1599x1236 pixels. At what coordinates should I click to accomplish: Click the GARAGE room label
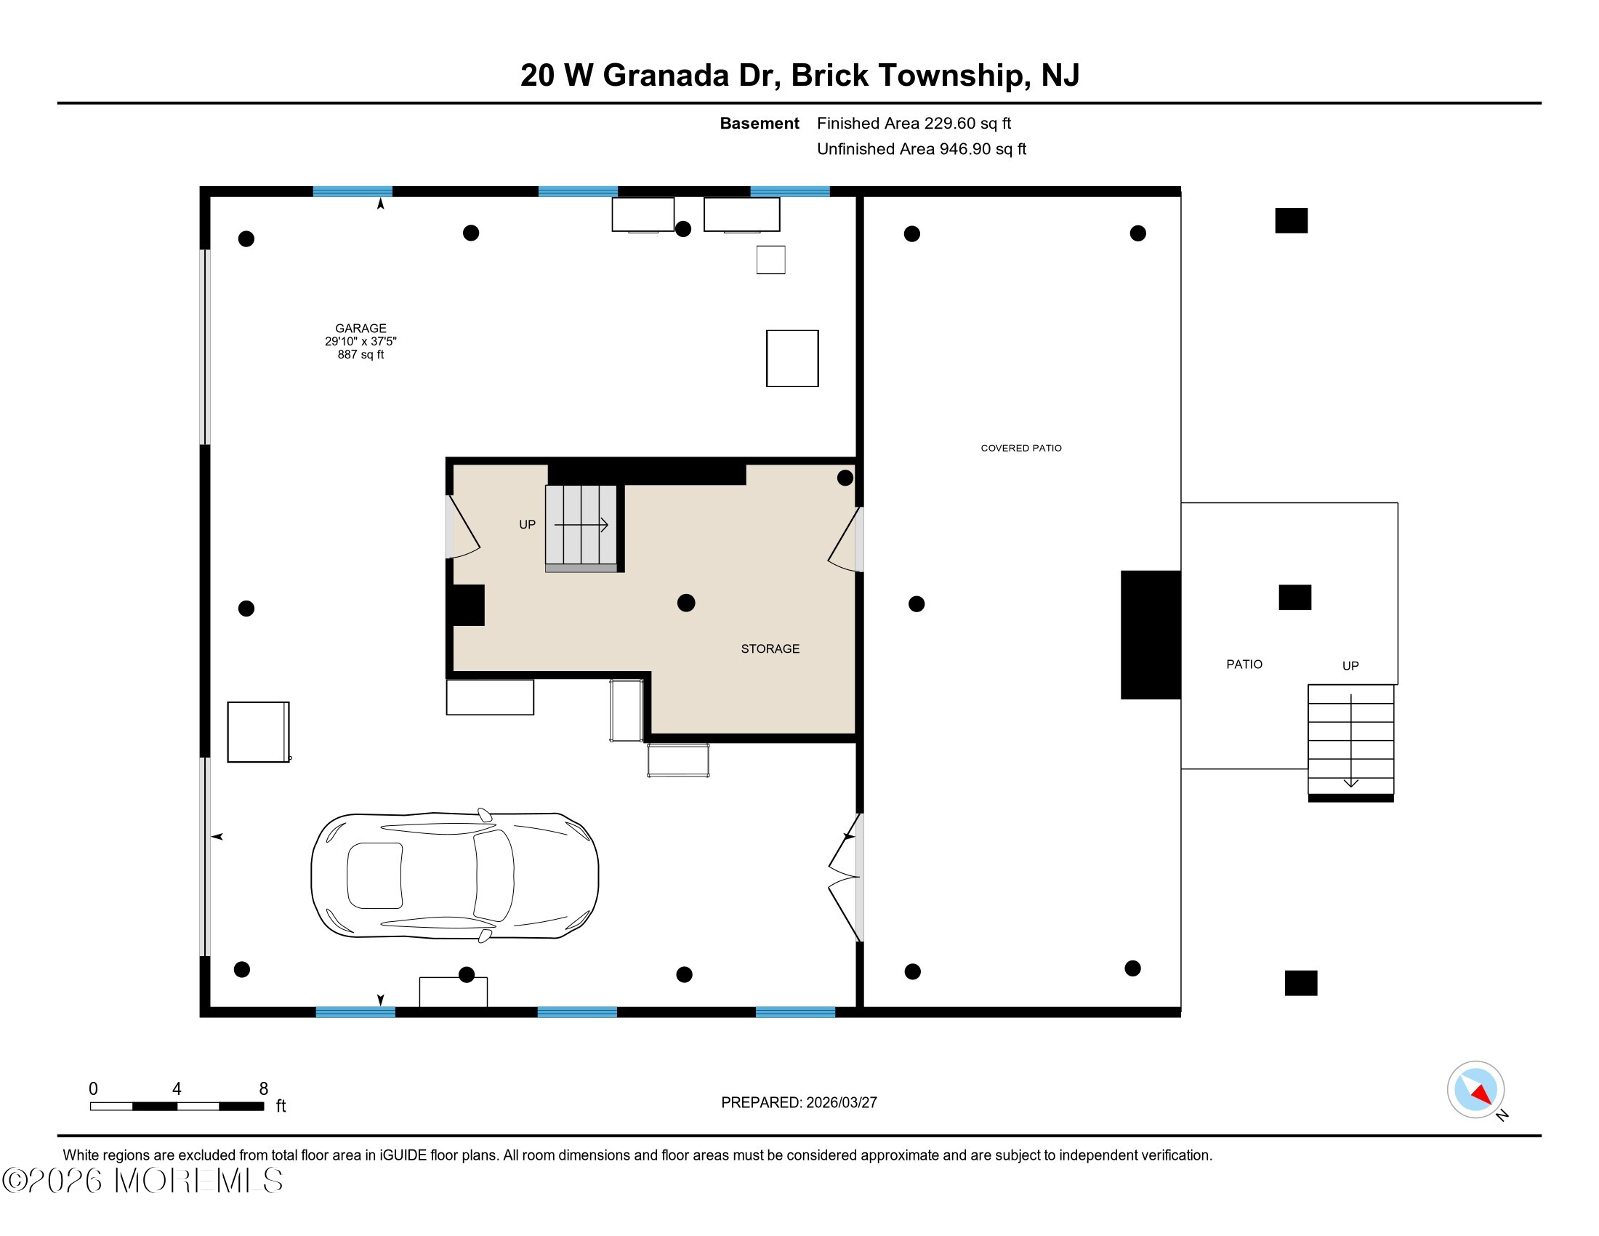click(361, 328)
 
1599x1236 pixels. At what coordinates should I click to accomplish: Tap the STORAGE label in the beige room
click(770, 649)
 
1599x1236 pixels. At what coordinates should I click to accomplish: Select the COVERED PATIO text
click(1020, 448)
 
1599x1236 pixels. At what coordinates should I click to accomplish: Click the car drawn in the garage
click(455, 875)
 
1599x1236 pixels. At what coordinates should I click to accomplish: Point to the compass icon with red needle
click(1475, 1089)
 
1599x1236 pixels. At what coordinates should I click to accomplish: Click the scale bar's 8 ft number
click(264, 1089)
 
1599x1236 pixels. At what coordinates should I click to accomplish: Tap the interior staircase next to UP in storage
click(581, 526)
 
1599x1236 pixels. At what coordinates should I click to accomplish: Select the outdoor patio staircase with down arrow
click(1350, 741)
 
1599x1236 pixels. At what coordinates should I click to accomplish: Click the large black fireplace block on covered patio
click(1150, 635)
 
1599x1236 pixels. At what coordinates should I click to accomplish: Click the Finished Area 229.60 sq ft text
click(913, 124)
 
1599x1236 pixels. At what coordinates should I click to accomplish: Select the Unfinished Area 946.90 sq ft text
click(921, 149)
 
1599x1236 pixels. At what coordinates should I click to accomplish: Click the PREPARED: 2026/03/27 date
click(798, 1103)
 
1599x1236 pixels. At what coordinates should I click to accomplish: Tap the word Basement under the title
click(759, 124)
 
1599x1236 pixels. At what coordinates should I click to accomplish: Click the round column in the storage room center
click(686, 603)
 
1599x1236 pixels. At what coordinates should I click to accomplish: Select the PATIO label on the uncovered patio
click(1244, 664)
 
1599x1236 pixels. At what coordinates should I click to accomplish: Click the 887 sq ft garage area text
click(361, 355)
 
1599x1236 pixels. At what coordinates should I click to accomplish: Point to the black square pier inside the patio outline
click(1294, 598)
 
